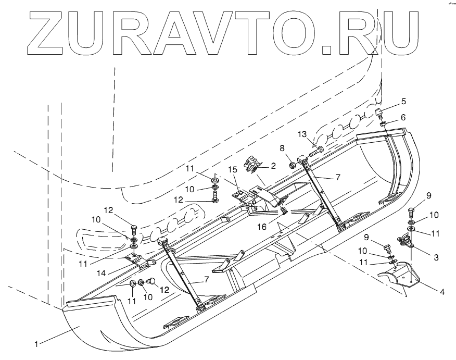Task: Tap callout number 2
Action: click(x=272, y=166)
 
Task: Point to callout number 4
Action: click(x=442, y=293)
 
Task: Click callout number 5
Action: click(x=404, y=101)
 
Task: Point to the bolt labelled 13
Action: click(x=315, y=152)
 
